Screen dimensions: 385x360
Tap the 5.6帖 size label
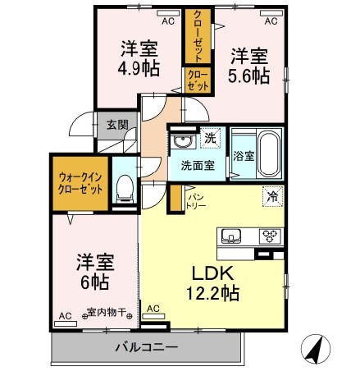point(248,76)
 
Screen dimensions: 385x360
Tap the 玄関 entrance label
point(116,126)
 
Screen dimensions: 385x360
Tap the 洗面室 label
point(197,163)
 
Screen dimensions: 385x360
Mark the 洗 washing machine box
point(210,139)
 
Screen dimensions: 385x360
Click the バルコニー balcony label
point(148,348)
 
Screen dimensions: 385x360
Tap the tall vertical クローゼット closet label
point(198,36)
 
